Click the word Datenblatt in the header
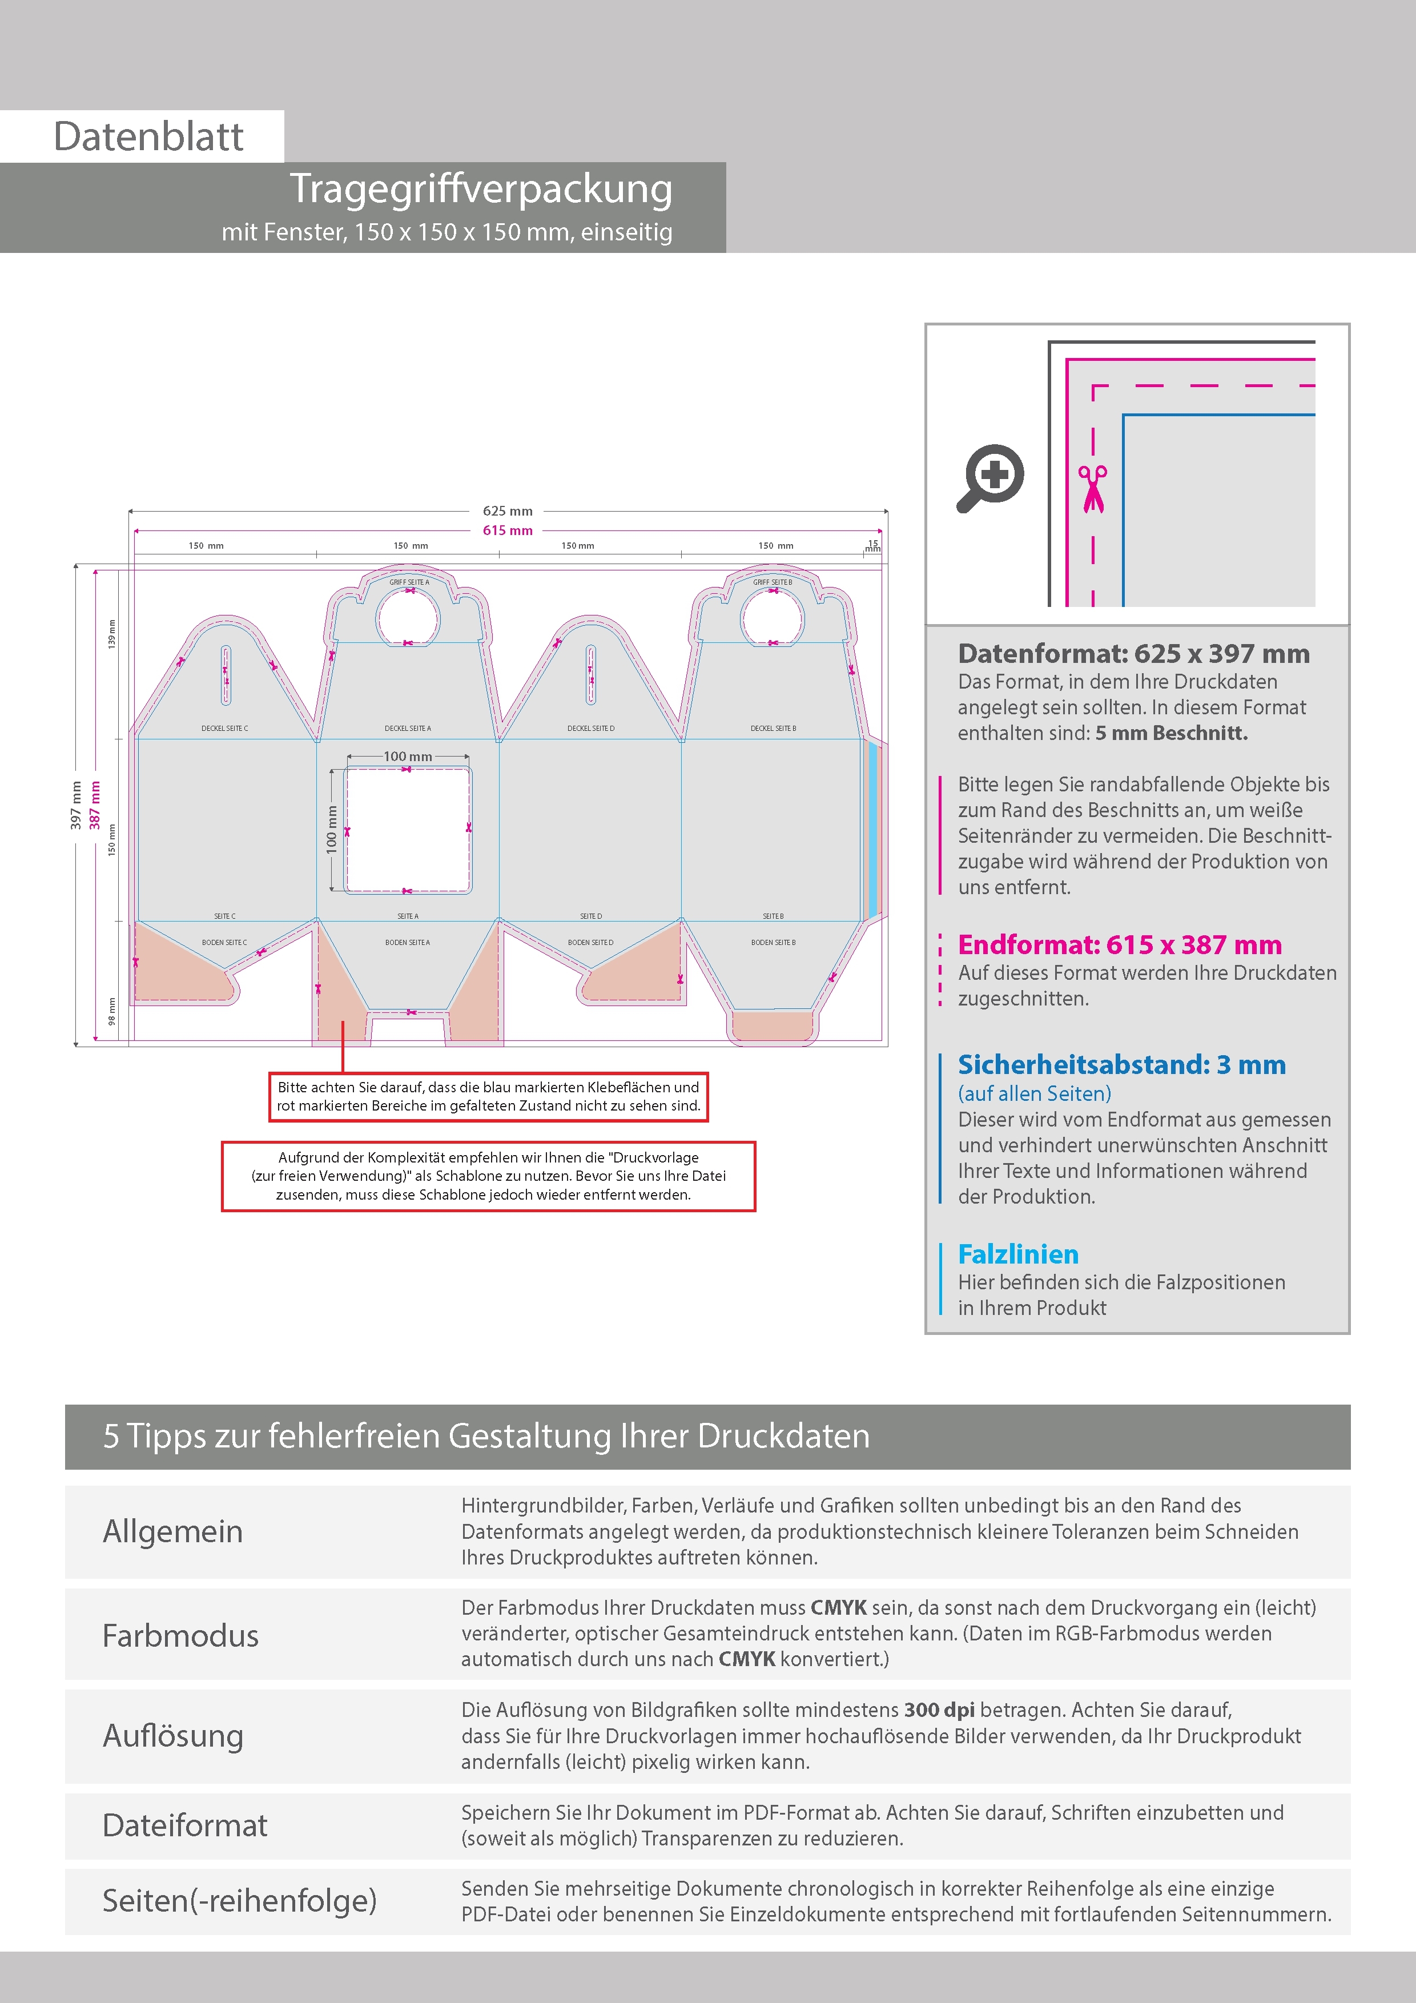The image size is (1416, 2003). pos(148,137)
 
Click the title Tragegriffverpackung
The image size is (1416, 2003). pos(481,190)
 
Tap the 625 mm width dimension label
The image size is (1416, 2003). pos(507,511)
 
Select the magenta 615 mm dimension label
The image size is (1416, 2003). pos(507,530)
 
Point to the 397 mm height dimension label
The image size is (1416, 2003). pos(76,805)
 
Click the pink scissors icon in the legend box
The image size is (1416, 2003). pos(1092,489)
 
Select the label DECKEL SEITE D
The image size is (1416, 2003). pos(590,729)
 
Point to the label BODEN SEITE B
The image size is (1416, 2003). pos(773,943)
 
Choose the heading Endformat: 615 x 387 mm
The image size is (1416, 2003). pos(1119,945)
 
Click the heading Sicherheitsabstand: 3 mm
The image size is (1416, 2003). pos(1121,1065)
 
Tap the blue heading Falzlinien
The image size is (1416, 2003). pos(1018,1254)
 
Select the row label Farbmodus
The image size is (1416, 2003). pos(180,1636)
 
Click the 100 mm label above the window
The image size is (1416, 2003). pos(408,757)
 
